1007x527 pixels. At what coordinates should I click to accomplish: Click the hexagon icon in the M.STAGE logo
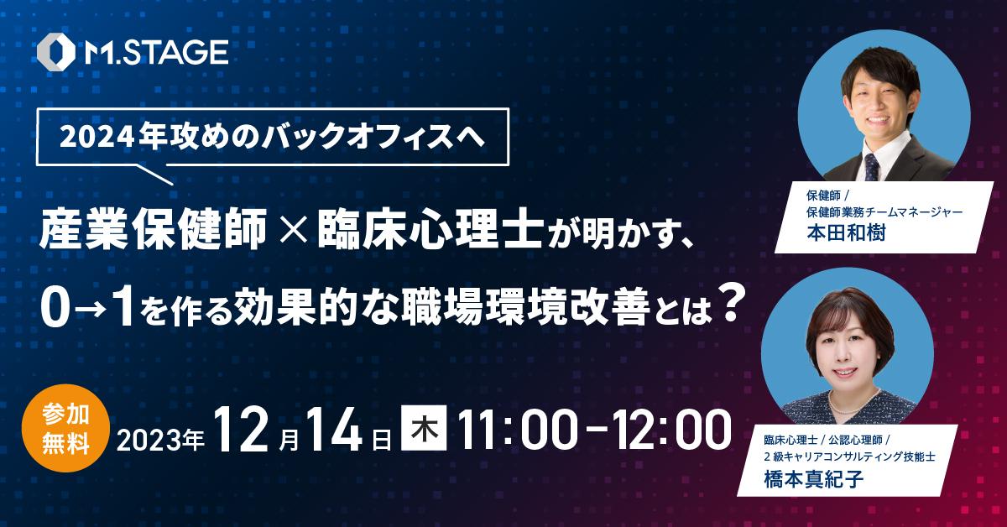click(55, 52)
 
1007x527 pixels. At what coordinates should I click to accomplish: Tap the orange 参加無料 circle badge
click(65, 428)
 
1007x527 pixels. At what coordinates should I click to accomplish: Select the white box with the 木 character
click(424, 428)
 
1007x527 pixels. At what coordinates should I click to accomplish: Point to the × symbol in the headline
click(293, 230)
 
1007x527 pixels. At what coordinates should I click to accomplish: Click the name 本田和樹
click(846, 233)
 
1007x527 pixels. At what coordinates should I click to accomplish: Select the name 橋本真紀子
click(814, 479)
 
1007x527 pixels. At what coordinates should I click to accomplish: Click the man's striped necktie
click(872, 167)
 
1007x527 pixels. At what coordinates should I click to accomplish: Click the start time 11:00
click(518, 430)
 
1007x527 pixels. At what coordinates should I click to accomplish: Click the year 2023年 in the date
click(160, 440)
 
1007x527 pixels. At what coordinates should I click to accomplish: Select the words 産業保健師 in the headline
click(154, 229)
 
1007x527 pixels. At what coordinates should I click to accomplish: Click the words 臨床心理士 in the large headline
click(430, 229)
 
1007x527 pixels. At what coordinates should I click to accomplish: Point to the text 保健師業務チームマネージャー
click(884, 211)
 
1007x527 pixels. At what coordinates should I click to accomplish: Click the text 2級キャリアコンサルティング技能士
click(849, 457)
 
